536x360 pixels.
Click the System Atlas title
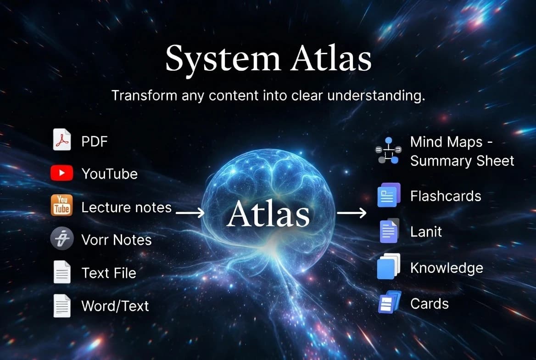pyautogui.click(x=268, y=58)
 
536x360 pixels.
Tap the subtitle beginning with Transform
pyautogui.click(x=268, y=96)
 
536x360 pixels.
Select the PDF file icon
pyautogui.click(x=61, y=140)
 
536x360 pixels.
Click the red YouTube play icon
pyautogui.click(x=61, y=173)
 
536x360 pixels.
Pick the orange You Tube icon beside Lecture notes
pyautogui.click(x=61, y=205)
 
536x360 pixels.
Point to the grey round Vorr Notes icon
pyautogui.click(x=61, y=239)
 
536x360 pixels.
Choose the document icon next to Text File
pyautogui.click(x=61, y=272)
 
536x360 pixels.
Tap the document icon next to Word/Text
pyautogui.click(x=61, y=305)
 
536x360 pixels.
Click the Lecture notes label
pyautogui.click(x=126, y=208)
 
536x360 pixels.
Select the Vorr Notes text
pyautogui.click(x=116, y=240)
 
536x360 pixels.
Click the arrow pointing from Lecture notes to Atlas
pyautogui.click(x=190, y=212)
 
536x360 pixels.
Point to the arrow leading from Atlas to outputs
pyautogui.click(x=352, y=212)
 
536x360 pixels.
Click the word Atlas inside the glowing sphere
pyautogui.click(x=268, y=214)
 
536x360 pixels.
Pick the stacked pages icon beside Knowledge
pyautogui.click(x=388, y=267)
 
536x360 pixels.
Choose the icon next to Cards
pyautogui.click(x=389, y=303)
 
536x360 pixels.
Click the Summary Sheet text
pyautogui.click(x=462, y=161)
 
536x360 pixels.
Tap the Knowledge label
pyautogui.click(x=447, y=268)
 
